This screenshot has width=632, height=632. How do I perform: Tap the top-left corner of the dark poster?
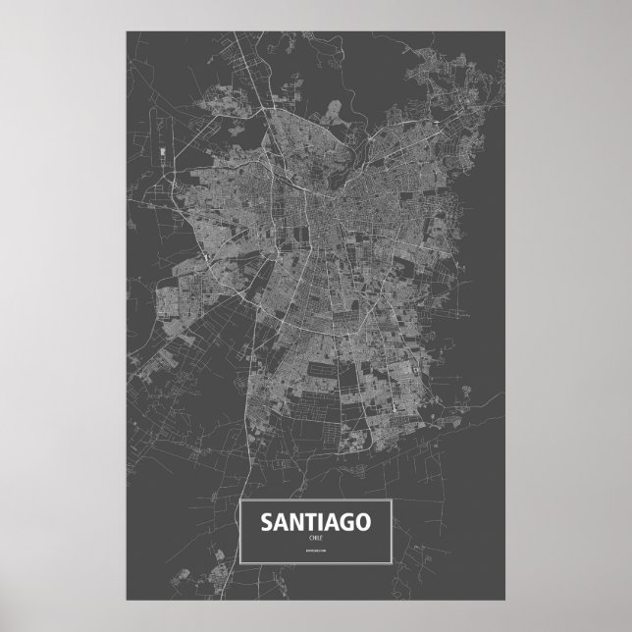pos(127,30)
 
